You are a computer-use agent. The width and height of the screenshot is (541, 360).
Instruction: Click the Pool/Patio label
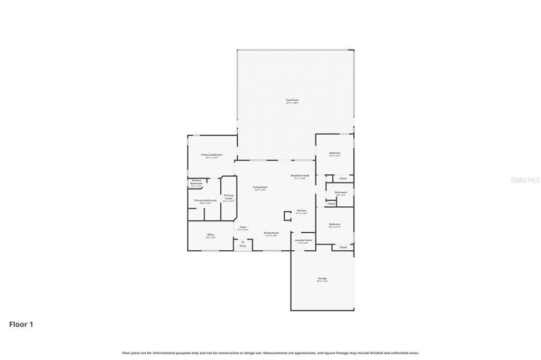(292, 100)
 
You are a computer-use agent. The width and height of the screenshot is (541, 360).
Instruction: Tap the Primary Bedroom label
(211, 155)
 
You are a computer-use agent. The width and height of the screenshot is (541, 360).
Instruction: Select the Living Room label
(260, 187)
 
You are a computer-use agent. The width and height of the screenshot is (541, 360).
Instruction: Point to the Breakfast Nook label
(300, 176)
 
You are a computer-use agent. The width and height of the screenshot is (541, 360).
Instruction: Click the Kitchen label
(301, 211)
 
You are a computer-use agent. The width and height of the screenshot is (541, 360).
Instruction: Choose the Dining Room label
(271, 233)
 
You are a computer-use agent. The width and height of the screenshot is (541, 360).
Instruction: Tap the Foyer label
(242, 228)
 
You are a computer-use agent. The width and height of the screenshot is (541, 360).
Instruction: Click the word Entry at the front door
(242, 246)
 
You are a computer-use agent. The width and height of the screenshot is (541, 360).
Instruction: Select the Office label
(210, 235)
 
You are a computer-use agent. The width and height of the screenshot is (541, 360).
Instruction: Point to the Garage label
(322, 279)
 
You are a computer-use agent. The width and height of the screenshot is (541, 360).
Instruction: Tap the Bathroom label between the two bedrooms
(341, 193)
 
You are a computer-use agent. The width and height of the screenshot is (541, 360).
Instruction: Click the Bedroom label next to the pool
(335, 153)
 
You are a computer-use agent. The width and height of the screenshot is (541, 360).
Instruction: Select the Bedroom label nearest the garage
(334, 224)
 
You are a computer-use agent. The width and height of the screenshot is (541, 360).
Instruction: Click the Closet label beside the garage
(343, 247)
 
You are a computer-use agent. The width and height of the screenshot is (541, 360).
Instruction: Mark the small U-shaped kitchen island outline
(287, 215)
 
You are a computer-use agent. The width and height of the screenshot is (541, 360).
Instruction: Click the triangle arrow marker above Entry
(242, 241)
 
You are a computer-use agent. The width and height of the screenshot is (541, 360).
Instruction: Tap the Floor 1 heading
(21, 325)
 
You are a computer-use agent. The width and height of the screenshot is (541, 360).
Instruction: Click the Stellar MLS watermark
(525, 180)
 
